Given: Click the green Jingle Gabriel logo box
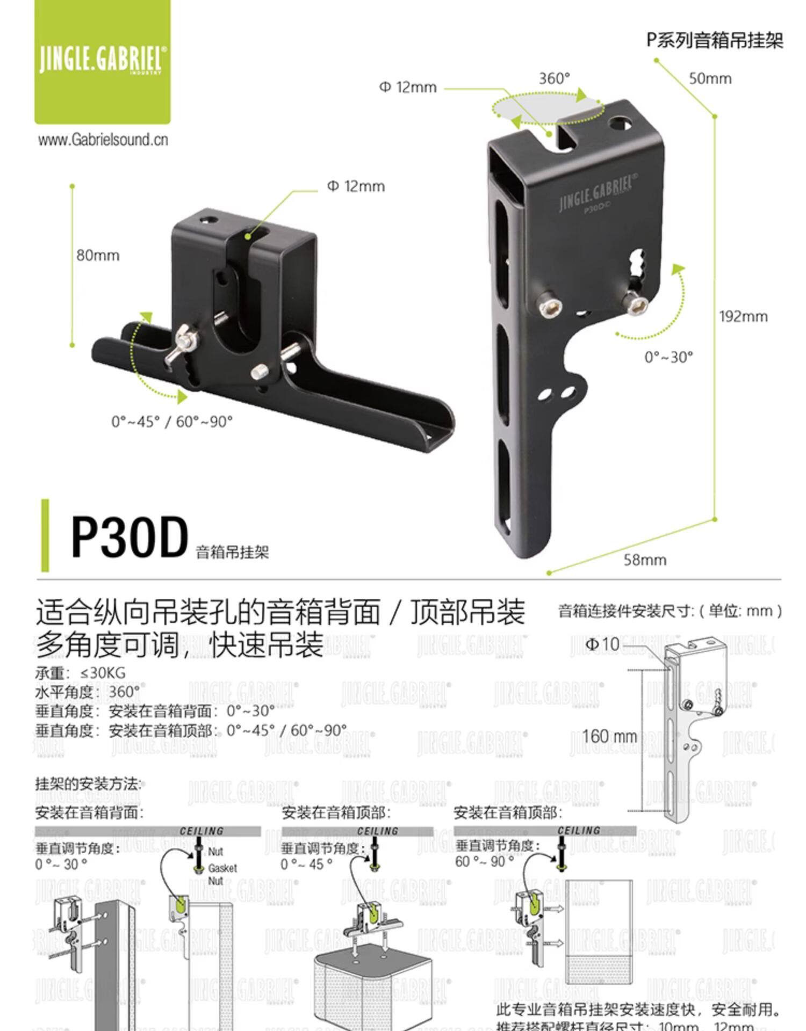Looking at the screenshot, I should click(102, 61).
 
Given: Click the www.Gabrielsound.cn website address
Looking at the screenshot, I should click(103, 140).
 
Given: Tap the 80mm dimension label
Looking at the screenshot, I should click(98, 255).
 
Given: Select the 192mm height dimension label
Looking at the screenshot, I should click(743, 316).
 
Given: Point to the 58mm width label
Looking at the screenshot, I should click(645, 560).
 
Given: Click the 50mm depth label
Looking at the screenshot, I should click(710, 78).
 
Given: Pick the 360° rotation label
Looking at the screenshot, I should click(554, 78).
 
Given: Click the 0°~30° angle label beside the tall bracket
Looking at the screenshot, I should click(668, 357).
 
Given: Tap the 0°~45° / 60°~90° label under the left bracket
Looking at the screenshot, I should click(172, 422).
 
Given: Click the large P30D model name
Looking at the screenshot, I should click(129, 537).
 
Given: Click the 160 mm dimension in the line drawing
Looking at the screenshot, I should click(609, 736).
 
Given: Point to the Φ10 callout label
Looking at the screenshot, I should click(602, 644).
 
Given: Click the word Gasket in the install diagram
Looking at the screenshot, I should click(222, 868).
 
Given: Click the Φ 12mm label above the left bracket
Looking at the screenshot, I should click(356, 186).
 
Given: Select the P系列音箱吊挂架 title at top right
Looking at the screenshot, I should click(715, 41).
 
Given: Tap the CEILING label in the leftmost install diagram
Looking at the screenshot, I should click(201, 831).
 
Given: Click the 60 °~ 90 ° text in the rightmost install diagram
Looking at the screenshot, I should click(484, 861).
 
